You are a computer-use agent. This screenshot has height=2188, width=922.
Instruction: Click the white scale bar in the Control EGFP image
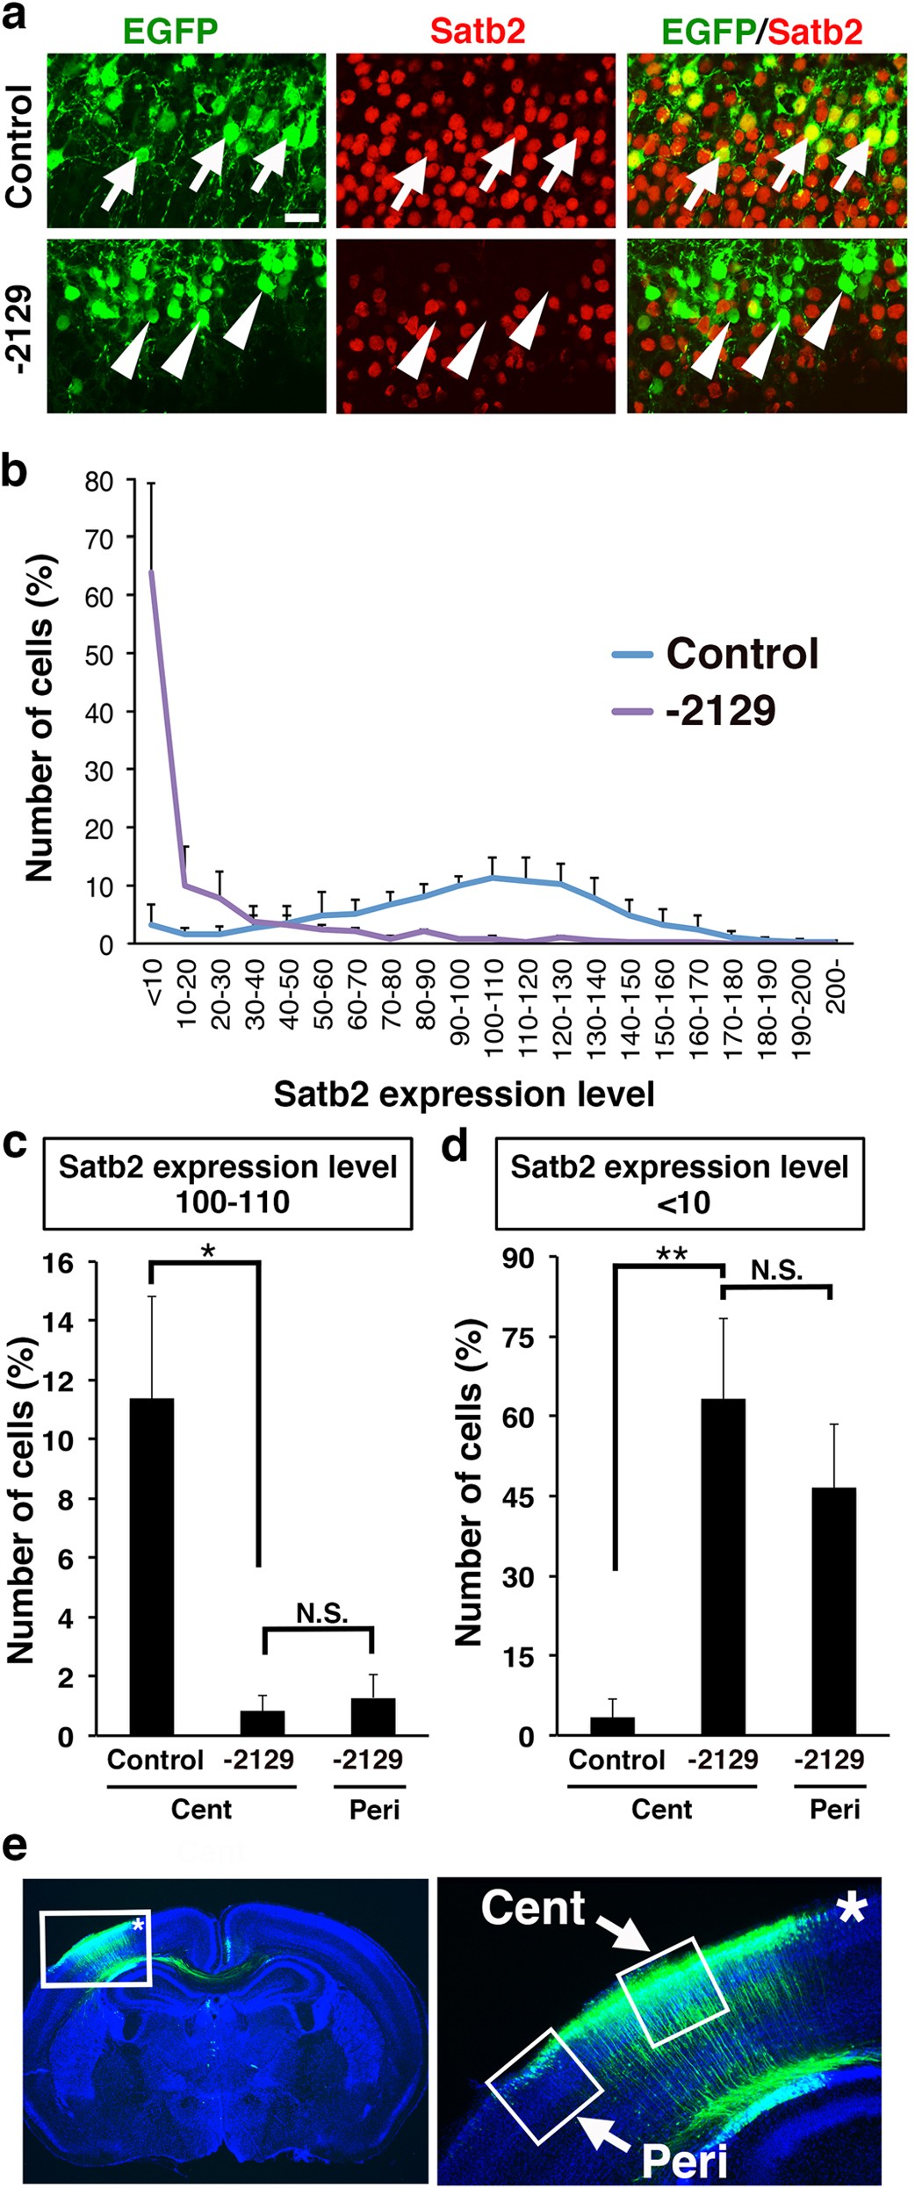pyautogui.click(x=302, y=215)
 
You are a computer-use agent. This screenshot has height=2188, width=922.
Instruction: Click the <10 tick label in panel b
pyautogui.click(x=152, y=982)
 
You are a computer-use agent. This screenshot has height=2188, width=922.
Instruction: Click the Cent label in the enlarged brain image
pyautogui.click(x=533, y=1909)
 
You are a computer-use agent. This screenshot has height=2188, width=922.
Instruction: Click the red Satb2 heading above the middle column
pyautogui.click(x=478, y=32)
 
